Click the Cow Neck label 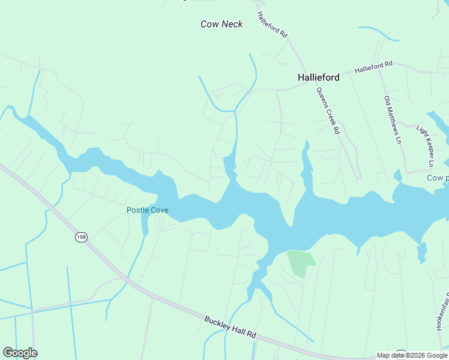[x=221, y=24]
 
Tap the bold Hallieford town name [x=318, y=77]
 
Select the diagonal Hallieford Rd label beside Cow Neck [x=272, y=25]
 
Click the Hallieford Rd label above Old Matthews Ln [x=373, y=67]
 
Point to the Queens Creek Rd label [x=328, y=110]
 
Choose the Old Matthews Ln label [x=392, y=120]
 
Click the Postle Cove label [x=147, y=210]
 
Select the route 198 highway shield [x=81, y=238]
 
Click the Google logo [x=20, y=353]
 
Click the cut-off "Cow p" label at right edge [x=438, y=178]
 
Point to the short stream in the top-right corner [x=378, y=32]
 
